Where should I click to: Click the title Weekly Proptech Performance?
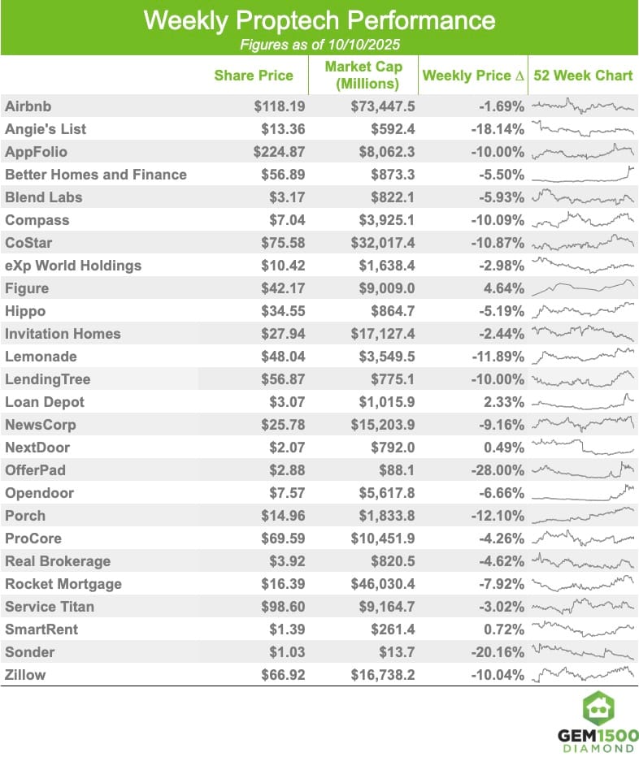tap(319, 20)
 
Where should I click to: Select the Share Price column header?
tap(254, 76)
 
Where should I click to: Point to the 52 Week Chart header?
tap(581, 76)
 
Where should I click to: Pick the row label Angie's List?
tap(46, 129)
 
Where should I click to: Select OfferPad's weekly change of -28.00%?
tap(498, 470)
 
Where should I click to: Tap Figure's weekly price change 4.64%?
tap(504, 288)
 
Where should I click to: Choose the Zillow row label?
tap(25, 675)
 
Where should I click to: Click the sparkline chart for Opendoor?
tap(582, 492)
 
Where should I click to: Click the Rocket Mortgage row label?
tap(63, 584)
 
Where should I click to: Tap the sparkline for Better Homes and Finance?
tap(582, 174)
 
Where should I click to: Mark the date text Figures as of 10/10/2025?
tap(319, 44)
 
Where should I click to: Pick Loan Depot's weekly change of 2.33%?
tap(504, 402)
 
